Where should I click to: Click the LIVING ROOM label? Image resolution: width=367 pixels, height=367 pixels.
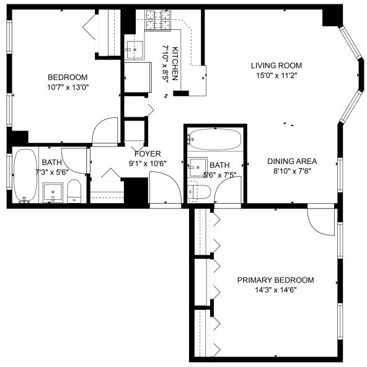coord(276,65)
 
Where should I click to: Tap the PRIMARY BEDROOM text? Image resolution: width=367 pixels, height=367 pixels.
coord(275,280)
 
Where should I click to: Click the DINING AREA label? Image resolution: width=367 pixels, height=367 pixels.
coord(288,161)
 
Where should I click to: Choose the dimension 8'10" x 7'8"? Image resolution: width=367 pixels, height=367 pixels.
coord(288,171)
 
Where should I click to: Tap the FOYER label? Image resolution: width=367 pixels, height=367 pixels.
coord(148,154)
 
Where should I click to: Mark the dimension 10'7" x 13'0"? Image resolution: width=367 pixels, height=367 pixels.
coord(68,88)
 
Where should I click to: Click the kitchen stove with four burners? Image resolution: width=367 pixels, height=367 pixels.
coord(157,20)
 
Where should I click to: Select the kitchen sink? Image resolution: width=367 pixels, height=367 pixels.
coord(135,47)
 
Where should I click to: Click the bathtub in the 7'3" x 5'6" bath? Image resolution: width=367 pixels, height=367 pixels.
coord(25,176)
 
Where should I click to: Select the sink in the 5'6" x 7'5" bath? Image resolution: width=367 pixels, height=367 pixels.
coord(197,166)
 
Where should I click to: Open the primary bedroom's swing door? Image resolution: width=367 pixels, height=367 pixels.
coord(321,219)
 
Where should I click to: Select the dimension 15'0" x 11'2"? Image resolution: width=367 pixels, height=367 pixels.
coord(276,76)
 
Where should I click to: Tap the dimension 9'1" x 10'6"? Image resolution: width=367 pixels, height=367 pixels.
coord(148,164)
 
